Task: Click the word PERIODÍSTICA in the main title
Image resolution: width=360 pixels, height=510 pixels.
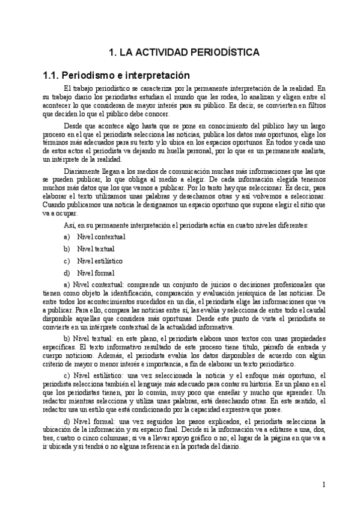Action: click(x=223, y=53)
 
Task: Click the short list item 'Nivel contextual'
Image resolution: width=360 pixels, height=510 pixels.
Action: click(x=101, y=237)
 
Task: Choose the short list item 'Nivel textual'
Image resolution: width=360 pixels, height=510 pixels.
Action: click(x=96, y=249)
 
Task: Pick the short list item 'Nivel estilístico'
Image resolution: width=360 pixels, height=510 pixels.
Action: click(x=100, y=261)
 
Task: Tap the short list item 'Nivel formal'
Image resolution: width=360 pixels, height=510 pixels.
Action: click(x=96, y=273)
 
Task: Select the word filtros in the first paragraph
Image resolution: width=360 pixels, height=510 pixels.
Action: click(x=316, y=105)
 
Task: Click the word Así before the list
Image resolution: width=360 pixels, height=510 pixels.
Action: click(x=68, y=224)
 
